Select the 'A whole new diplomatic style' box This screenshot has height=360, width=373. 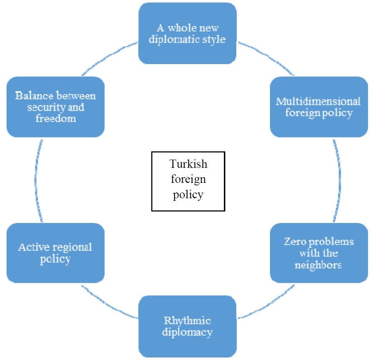(x=187, y=33)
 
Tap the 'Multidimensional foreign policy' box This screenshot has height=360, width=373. (x=319, y=107)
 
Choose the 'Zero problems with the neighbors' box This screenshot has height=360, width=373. (x=319, y=253)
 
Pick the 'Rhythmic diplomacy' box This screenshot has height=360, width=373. (x=187, y=326)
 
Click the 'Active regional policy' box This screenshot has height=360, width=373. (x=55, y=253)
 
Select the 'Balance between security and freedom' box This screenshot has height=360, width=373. (x=55, y=107)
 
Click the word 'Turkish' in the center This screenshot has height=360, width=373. (x=188, y=164)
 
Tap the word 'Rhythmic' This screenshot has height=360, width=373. (x=187, y=320)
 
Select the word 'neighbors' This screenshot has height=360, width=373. (x=319, y=265)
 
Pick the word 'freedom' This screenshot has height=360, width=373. (x=56, y=118)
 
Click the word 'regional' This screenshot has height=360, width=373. (x=73, y=247)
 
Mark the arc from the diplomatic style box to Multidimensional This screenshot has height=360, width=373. (x=266, y=56)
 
